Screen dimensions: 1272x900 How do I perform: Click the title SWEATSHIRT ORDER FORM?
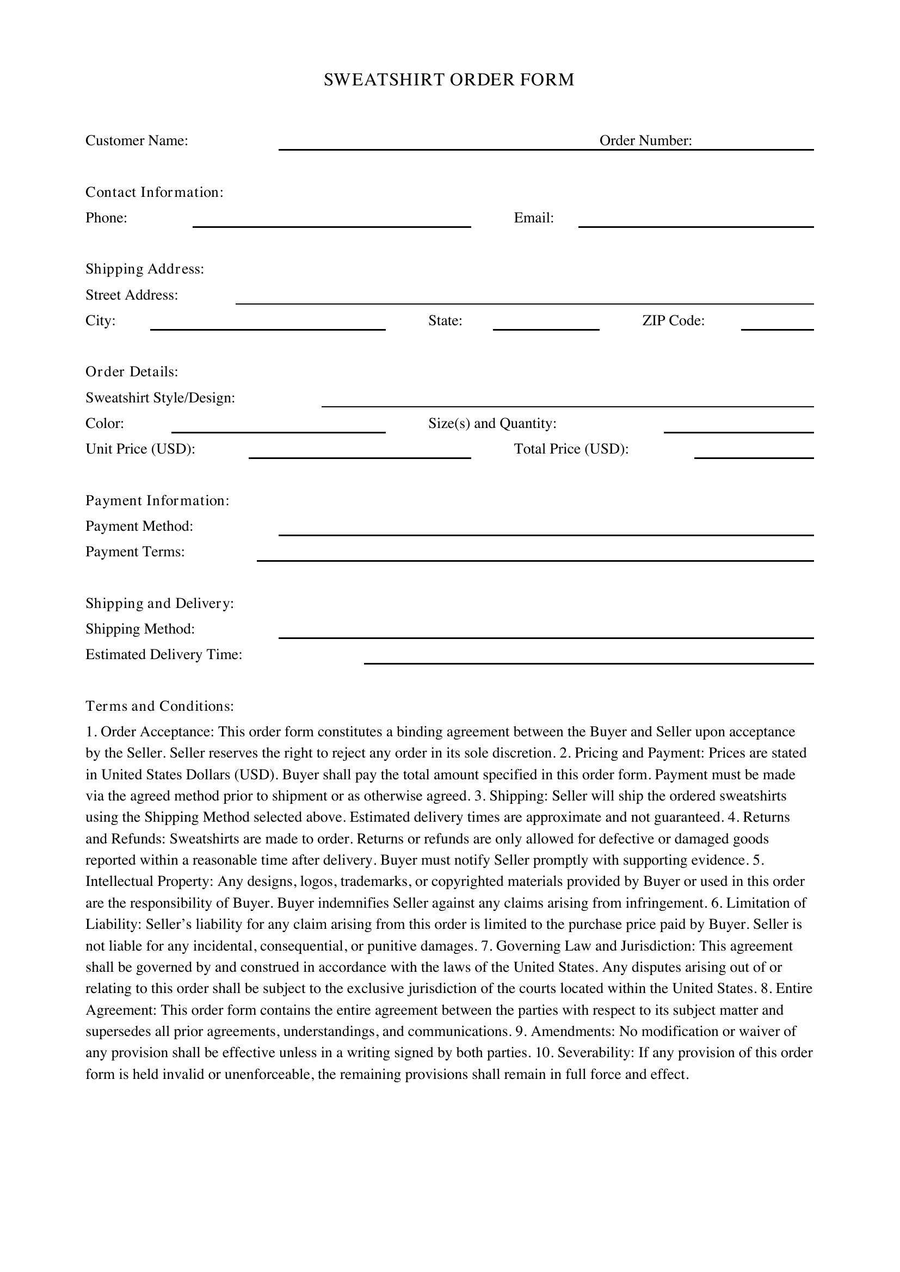(x=449, y=80)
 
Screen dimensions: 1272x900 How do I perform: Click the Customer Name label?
(x=137, y=141)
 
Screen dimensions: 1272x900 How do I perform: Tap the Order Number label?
(x=646, y=141)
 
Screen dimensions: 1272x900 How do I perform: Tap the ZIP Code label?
(x=673, y=321)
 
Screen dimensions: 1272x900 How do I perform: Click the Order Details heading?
(x=132, y=372)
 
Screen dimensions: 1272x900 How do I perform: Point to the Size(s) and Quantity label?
(x=492, y=424)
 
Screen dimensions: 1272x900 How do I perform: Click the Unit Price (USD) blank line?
(x=360, y=453)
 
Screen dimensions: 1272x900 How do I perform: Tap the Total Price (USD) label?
(x=571, y=449)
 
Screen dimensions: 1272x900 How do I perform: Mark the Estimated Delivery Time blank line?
(x=589, y=659)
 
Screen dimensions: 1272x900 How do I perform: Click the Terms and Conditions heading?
(x=159, y=706)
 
